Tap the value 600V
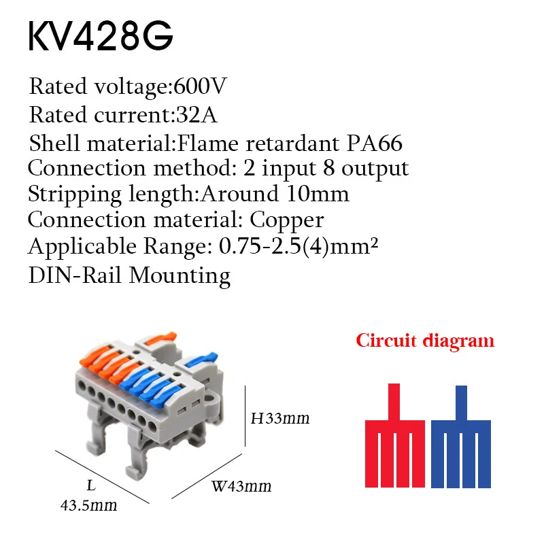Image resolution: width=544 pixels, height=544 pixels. coord(200,86)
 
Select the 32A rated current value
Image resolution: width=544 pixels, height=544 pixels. coord(197,115)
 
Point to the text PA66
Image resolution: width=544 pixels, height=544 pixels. coord(375,143)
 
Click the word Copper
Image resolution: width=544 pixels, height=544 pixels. coord(287,220)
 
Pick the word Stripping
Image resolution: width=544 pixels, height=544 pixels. coord(75,194)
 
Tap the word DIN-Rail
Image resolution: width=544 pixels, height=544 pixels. coord(75,275)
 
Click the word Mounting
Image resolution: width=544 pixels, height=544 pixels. coord(180,277)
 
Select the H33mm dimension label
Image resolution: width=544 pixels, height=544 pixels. coord(280,418)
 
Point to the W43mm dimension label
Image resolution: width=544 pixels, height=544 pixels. coord(241,486)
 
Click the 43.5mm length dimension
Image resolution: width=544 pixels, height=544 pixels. coord(89,505)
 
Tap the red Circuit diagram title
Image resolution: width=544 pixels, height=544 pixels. coord(425,341)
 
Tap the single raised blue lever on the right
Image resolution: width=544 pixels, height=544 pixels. coord(202,360)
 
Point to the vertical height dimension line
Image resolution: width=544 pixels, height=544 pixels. coord(245,416)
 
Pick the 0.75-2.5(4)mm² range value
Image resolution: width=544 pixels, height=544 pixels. coord(299,247)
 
